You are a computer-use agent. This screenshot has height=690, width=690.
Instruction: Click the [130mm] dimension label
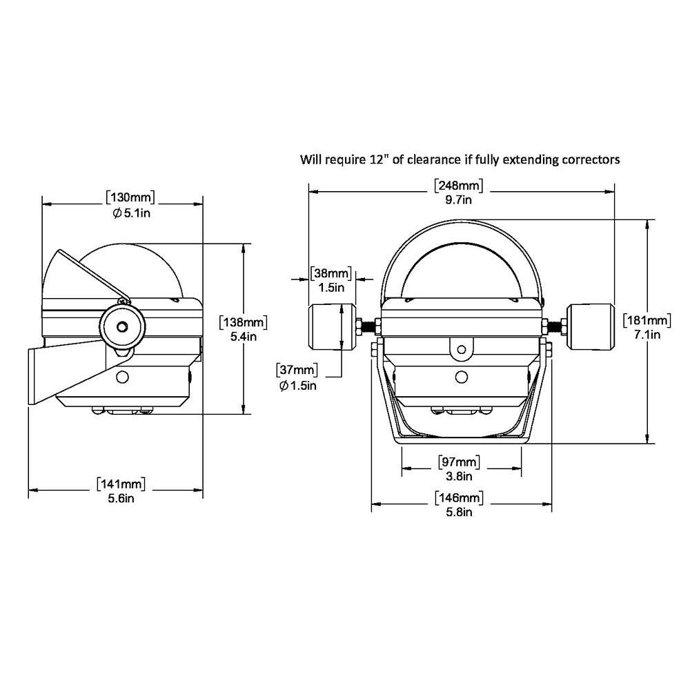[130, 197]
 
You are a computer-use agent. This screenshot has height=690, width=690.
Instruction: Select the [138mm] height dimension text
[242, 322]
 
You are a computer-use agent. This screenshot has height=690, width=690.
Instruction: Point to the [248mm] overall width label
[458, 186]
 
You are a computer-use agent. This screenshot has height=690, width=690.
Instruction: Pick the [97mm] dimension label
[459, 462]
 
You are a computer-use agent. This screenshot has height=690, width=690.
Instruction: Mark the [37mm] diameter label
[298, 371]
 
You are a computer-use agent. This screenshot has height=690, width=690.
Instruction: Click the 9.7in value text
[458, 200]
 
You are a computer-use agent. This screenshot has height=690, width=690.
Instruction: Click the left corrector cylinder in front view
[331, 328]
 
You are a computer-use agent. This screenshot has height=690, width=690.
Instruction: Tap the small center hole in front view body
[461, 376]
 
